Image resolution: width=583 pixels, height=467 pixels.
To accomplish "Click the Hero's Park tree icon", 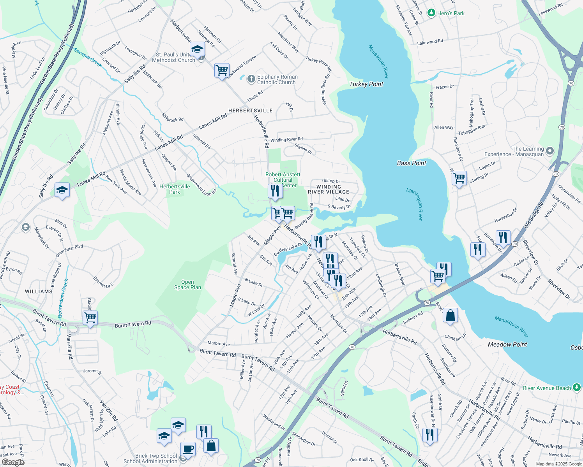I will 431,13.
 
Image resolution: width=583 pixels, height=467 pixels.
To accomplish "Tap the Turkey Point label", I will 366,84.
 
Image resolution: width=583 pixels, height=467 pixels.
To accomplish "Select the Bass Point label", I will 412,163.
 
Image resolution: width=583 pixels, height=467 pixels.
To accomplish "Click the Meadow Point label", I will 507,344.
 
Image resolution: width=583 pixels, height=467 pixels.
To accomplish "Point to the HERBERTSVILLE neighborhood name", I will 251,111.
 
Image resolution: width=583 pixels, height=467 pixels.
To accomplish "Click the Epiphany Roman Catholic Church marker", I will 251,79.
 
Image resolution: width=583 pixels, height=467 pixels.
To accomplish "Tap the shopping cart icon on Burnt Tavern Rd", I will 90,318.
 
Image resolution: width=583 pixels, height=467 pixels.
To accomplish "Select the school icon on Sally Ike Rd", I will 62,190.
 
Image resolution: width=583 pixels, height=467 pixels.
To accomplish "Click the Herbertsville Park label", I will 175,189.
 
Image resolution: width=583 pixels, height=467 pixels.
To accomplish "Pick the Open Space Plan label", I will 187,284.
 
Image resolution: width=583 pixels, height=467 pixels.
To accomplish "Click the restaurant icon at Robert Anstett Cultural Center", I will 275,191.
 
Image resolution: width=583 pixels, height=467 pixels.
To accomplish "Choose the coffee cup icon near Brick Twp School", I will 188,448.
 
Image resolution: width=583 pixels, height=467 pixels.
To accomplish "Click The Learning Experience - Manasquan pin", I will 550,151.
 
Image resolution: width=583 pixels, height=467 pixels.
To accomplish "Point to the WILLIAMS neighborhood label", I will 39,291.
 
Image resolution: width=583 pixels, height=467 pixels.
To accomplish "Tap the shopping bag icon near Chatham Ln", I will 450,316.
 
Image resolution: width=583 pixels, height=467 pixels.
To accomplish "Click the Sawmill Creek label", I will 88,58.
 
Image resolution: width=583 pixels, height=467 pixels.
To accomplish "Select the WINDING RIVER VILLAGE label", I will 329,189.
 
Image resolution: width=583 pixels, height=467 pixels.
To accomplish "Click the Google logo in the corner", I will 13,462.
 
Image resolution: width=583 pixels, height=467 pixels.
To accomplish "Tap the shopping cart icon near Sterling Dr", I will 459,178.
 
